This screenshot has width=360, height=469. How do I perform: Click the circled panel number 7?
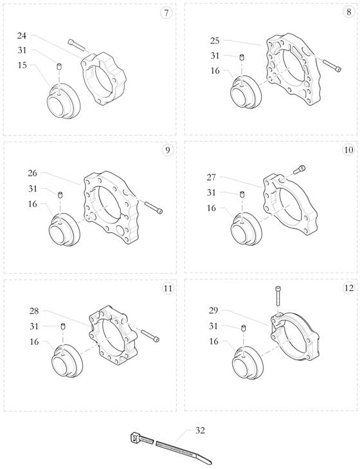pyautogui.click(x=167, y=13)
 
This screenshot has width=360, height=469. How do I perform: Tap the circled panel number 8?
pyautogui.click(x=348, y=13)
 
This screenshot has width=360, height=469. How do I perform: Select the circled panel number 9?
pyautogui.click(x=167, y=151)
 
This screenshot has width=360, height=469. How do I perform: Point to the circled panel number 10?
pyautogui.click(x=348, y=151)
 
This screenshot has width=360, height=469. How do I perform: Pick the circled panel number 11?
pyautogui.click(x=167, y=288)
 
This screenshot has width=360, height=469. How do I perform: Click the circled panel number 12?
pyautogui.click(x=348, y=288)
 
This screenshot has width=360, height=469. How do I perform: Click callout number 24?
pyautogui.click(x=22, y=36)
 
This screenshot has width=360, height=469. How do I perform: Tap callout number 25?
pyautogui.click(x=215, y=41)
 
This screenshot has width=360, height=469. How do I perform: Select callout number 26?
pyautogui.click(x=33, y=173)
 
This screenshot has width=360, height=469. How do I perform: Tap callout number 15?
pyautogui.click(x=22, y=65)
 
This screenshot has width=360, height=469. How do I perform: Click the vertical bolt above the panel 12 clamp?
pyautogui.click(x=278, y=297)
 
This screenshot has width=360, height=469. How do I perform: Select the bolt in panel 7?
pyautogui.click(x=76, y=44)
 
